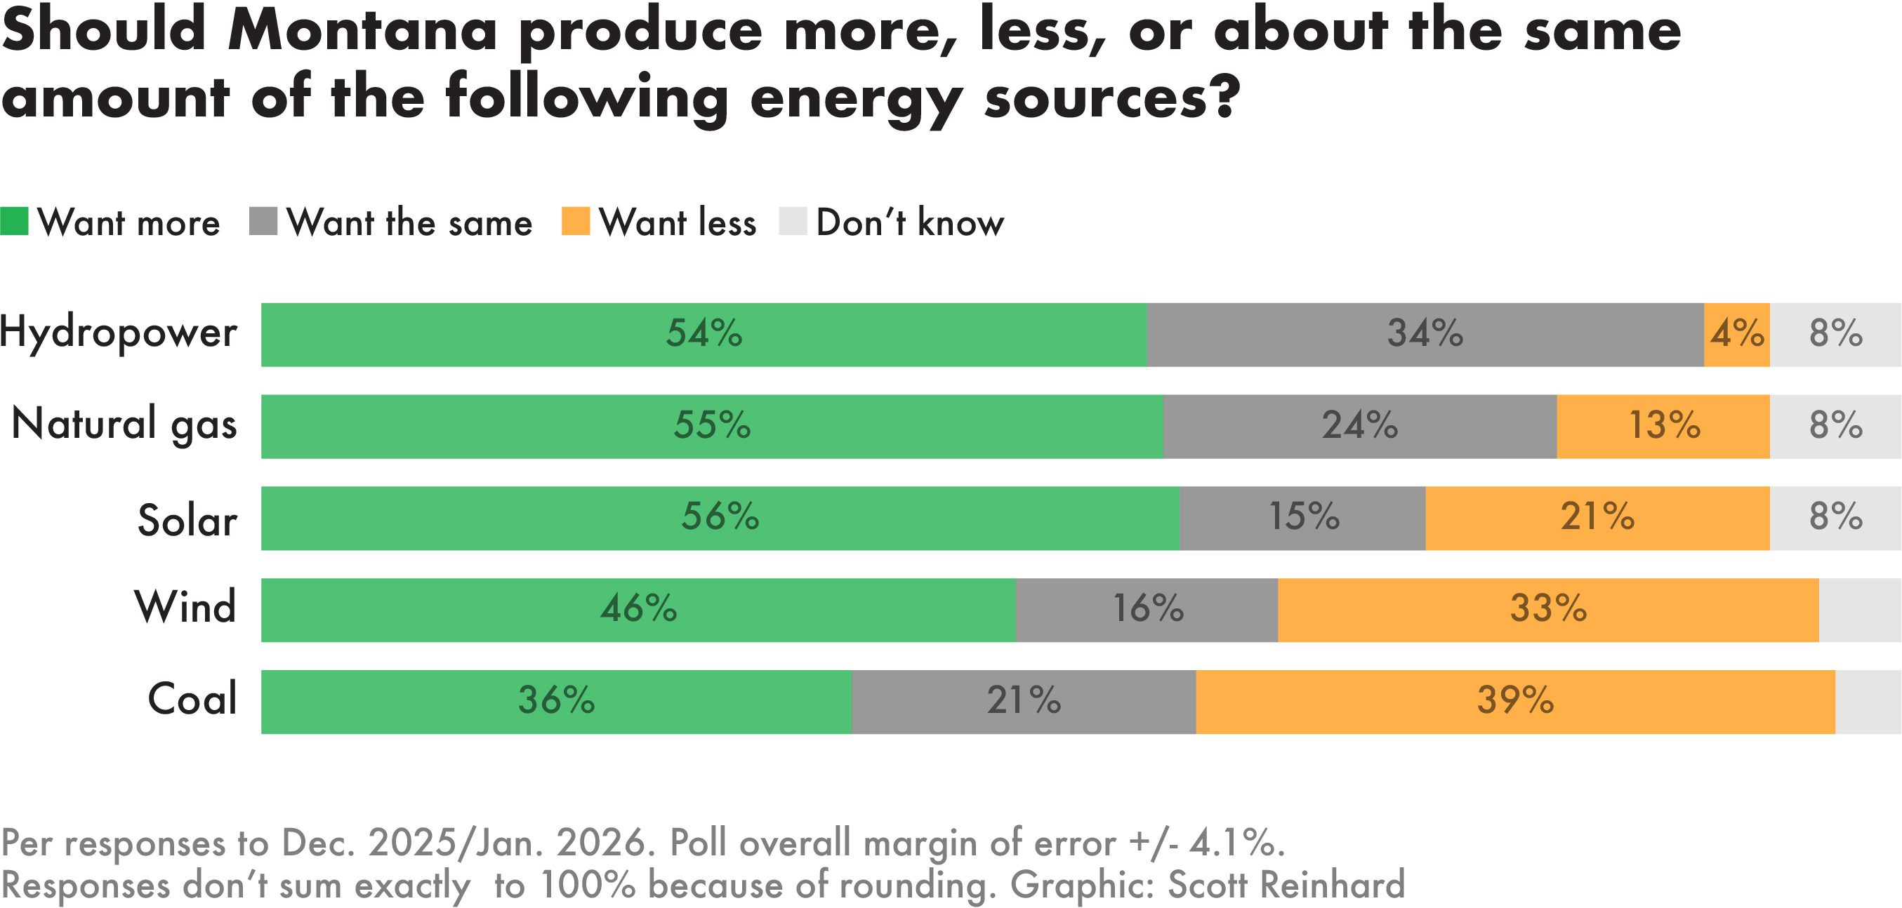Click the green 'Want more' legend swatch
14,222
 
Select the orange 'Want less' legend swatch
575,222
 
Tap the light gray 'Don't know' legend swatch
792,222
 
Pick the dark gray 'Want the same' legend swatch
263,222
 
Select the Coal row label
192,699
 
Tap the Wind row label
185,608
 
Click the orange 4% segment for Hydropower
1736,335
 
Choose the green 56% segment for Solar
720,519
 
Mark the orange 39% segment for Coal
1515,701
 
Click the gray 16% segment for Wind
1147,610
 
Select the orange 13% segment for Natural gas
1663,427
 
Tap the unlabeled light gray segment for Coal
1868,701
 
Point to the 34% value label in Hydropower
1425,335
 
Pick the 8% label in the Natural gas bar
1835,427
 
